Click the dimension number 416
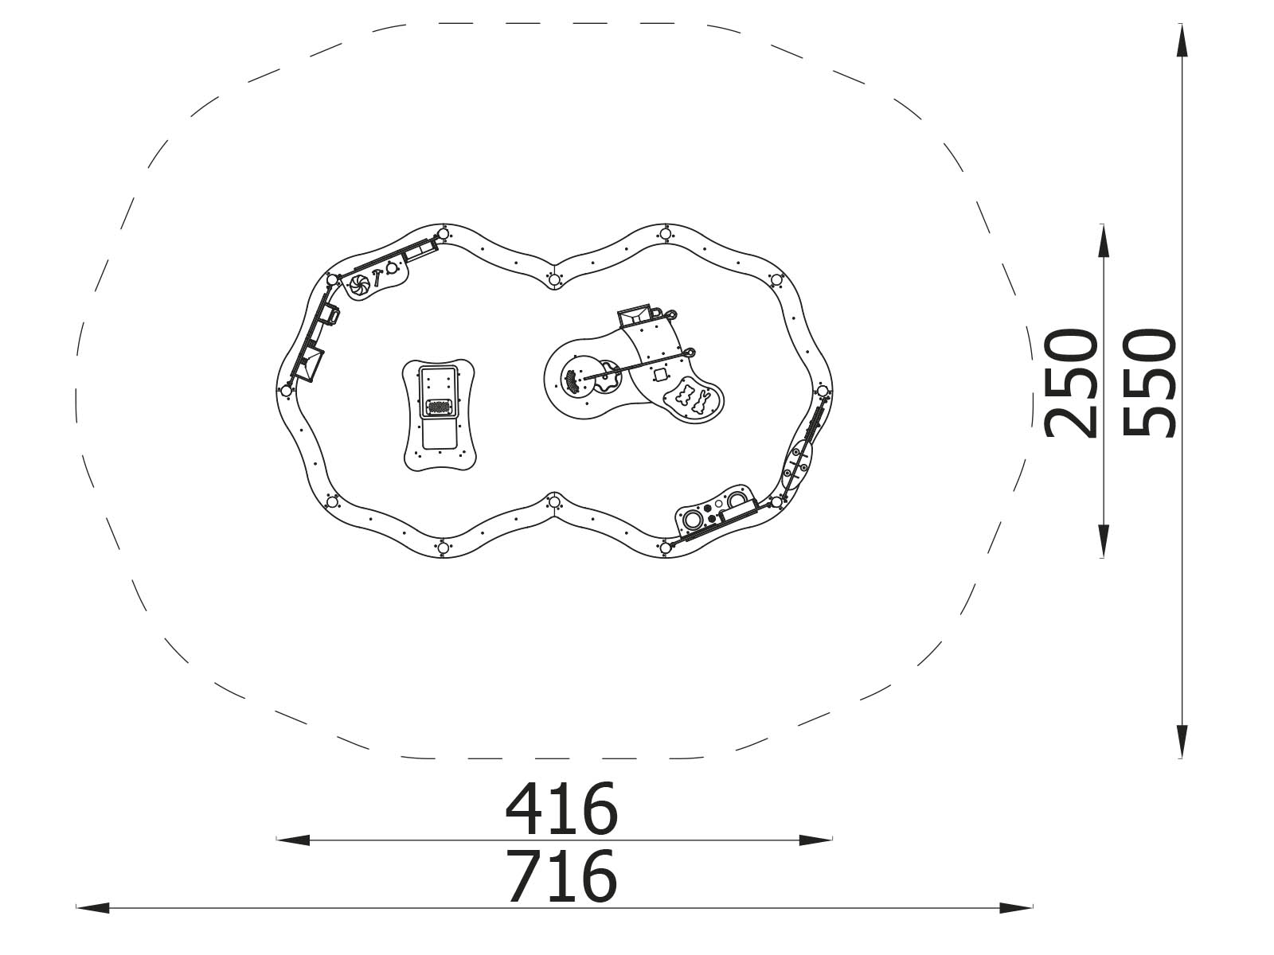(561, 809)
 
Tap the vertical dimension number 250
(1072, 384)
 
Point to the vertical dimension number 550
(1149, 384)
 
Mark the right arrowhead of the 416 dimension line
(815, 840)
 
